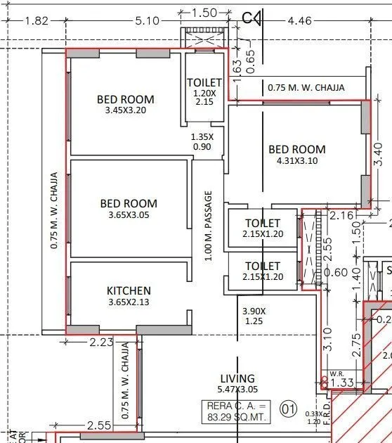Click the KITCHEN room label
129,290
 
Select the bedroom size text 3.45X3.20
125,110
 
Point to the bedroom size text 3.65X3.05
129,215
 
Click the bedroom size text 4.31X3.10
297,161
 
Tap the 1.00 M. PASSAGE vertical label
208,226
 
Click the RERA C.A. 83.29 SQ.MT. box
237,411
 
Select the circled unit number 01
287,407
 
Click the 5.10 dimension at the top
148,21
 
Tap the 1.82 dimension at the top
36,21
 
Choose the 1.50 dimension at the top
204,13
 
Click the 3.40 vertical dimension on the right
379,154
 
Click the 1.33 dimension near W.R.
342,383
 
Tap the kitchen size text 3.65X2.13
129,302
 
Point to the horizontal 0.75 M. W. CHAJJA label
307,88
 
